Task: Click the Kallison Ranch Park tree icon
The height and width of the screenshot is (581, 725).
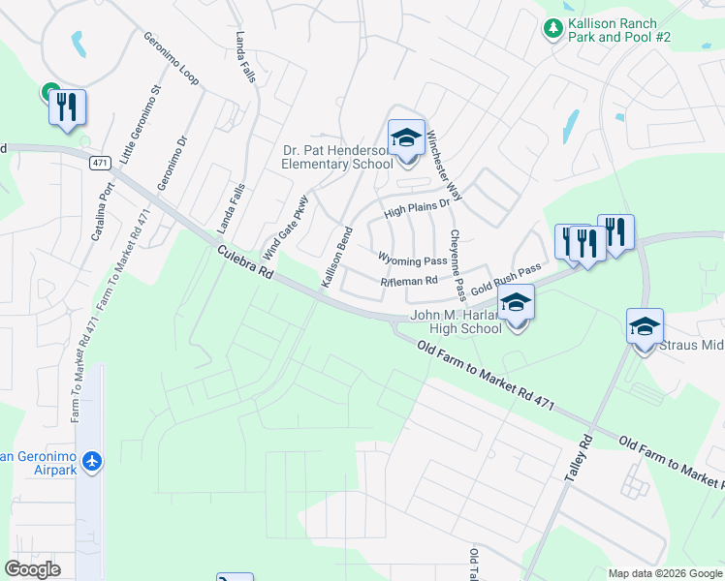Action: (x=553, y=30)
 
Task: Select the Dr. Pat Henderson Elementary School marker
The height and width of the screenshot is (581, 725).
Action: (x=406, y=138)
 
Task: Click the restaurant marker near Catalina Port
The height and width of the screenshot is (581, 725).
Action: (x=67, y=107)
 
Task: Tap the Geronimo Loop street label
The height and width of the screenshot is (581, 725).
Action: (x=172, y=58)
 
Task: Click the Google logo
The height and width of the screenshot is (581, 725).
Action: (x=32, y=569)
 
